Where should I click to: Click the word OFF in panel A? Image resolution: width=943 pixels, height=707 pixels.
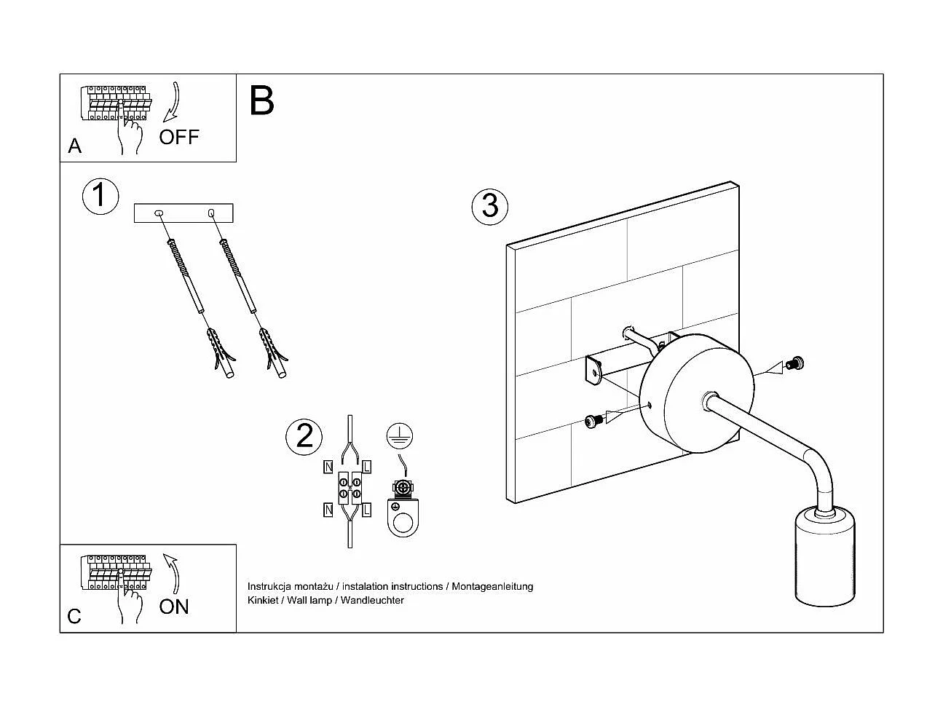(x=178, y=137)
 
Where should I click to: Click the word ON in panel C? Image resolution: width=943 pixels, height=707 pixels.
(x=174, y=607)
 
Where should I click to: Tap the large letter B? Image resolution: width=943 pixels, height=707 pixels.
(x=261, y=101)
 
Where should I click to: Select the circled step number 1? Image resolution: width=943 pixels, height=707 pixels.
(x=100, y=197)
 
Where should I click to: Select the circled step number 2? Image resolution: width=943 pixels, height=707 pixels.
(x=304, y=435)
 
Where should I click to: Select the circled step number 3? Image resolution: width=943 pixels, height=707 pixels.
(x=490, y=205)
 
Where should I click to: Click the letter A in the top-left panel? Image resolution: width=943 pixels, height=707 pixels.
(x=74, y=146)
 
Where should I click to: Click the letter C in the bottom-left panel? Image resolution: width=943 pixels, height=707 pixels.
(x=74, y=617)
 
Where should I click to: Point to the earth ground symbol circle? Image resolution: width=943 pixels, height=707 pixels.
(x=400, y=436)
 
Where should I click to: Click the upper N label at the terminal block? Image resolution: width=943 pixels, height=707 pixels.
(x=328, y=466)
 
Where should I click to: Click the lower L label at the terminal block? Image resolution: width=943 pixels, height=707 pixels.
(x=366, y=510)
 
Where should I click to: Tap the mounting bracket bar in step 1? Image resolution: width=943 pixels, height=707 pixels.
(x=184, y=213)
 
